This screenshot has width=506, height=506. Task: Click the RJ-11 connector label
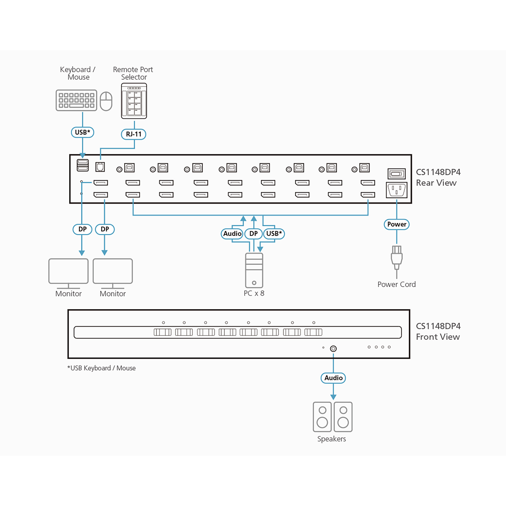pos(133,134)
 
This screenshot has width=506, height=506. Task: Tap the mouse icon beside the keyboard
pos(106,101)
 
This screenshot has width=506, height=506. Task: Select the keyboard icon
pos(76,100)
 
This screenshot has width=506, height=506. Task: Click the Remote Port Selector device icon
pos(134,101)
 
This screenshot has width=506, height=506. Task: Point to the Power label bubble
pos(396,224)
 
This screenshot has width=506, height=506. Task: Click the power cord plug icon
pos(396,258)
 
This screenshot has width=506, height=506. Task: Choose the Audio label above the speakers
pos(333,378)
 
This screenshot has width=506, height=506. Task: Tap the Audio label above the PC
pos(232,234)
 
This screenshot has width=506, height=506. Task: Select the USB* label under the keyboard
pos(82,133)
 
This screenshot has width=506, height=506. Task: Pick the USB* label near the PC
pos(274,234)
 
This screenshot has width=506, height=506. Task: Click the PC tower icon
pos(254,270)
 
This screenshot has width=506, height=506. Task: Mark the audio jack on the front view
pos(333,349)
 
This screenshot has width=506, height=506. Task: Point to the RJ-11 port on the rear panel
pos(100,167)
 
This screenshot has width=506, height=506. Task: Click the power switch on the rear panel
pos(396,174)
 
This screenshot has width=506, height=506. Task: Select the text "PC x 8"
pos(254,293)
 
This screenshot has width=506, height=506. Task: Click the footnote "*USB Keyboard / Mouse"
pos(102,368)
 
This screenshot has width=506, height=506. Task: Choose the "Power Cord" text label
pos(396,284)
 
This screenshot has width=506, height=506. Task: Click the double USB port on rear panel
pos(83,165)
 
